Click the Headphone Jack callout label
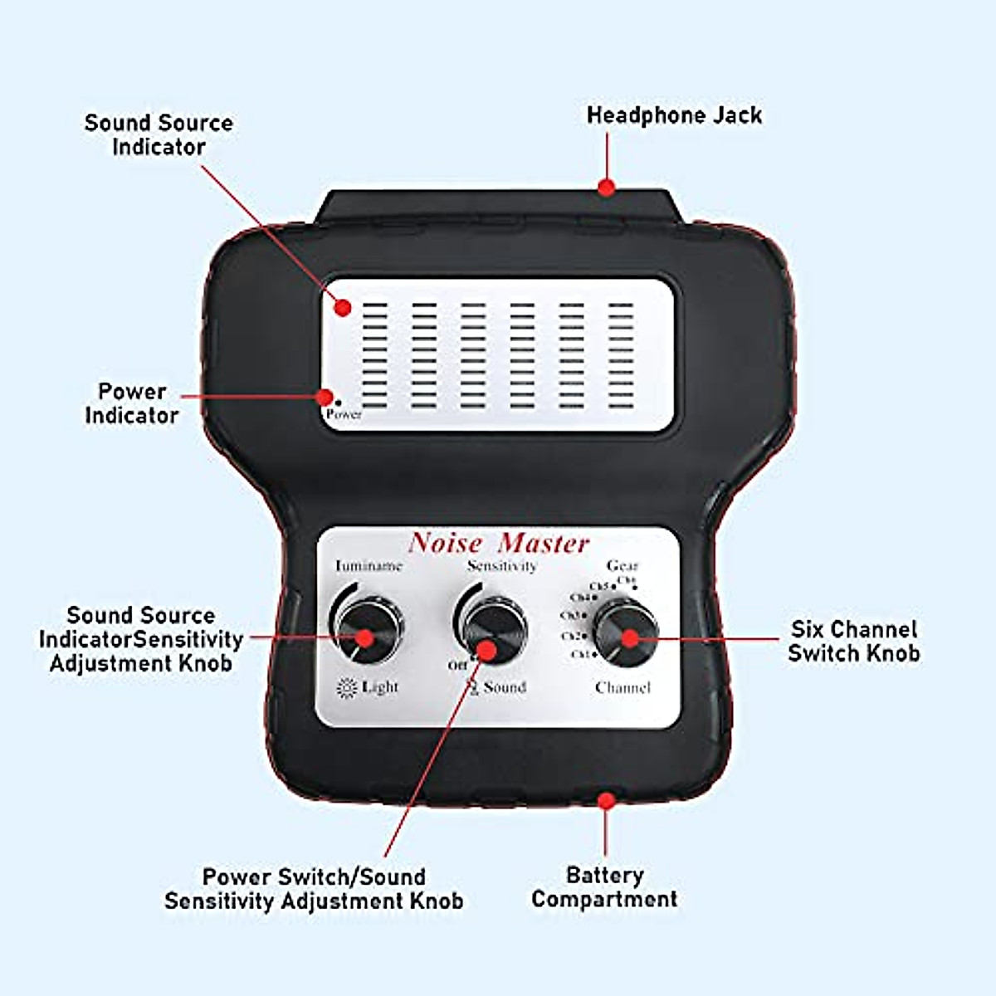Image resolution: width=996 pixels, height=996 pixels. point(674,115)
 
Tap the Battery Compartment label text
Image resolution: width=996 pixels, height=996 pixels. point(604,887)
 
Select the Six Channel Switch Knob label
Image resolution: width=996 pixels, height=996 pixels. point(853,641)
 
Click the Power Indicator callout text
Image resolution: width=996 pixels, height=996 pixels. point(132,403)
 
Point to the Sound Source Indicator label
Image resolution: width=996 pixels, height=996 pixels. point(159,135)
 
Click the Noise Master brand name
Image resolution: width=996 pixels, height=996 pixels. point(499,544)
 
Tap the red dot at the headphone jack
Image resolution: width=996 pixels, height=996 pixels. point(607,188)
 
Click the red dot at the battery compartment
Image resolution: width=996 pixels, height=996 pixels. point(607,801)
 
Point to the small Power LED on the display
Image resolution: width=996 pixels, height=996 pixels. point(338,403)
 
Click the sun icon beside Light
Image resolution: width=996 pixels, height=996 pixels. point(346,688)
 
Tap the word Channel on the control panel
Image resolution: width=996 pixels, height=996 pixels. point(622,688)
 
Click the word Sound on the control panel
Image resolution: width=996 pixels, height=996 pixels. point(505,688)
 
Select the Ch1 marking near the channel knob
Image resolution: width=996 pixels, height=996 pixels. point(582,655)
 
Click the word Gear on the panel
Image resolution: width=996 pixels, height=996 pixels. point(622,566)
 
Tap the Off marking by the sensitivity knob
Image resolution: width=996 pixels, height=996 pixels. point(458,666)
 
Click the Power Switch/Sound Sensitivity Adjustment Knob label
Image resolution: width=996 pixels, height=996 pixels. point(314,889)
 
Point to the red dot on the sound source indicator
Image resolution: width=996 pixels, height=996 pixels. point(344,308)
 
